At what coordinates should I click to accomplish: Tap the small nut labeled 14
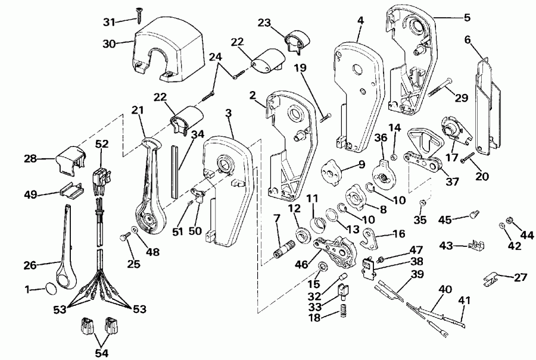tap(394, 156)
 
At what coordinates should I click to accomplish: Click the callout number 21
tap(138, 112)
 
